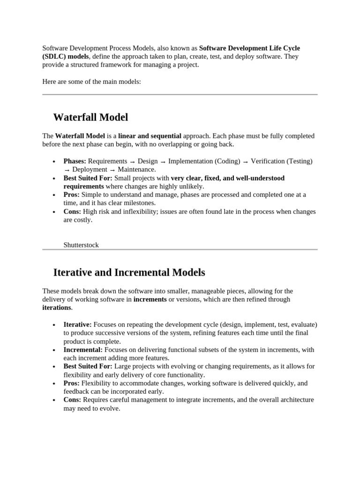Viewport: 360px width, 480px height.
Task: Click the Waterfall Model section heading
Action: point(90,117)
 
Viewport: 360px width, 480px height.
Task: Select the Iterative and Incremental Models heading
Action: point(129,272)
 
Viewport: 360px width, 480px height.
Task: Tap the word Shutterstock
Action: point(81,245)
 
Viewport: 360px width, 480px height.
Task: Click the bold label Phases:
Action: point(75,161)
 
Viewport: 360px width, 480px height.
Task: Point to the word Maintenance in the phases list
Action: point(136,170)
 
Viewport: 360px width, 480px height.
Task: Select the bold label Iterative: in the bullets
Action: point(78,324)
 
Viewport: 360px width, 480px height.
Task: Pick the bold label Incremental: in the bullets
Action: point(83,350)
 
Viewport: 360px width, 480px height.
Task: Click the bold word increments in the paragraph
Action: point(150,300)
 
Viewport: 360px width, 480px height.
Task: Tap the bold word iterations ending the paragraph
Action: point(57,308)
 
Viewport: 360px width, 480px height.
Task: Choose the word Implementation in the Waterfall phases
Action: point(190,161)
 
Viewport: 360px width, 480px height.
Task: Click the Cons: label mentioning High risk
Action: point(72,212)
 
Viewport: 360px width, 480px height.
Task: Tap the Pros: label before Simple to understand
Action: point(72,195)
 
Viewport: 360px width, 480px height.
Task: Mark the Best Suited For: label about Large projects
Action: point(88,367)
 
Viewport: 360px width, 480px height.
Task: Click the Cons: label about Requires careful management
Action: point(72,400)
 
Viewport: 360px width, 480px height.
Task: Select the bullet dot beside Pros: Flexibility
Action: point(54,384)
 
